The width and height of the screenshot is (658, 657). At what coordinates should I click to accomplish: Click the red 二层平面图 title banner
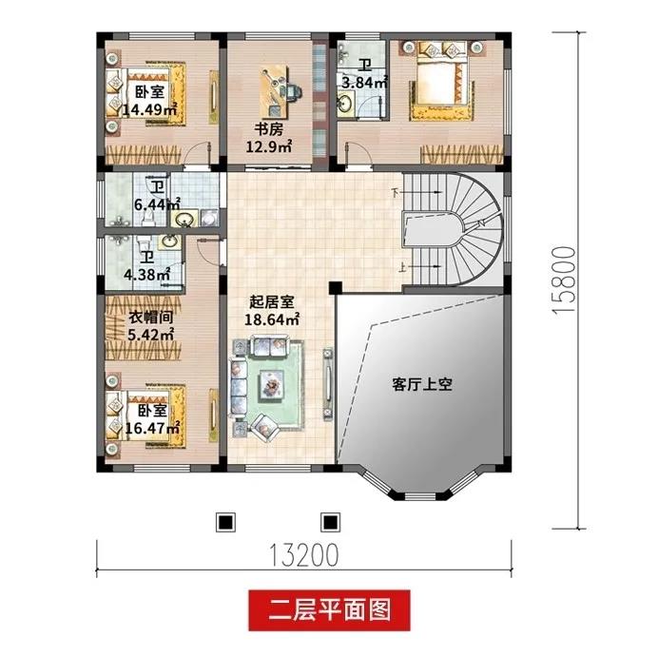click(329, 610)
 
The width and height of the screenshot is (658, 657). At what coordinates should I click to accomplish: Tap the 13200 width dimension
click(303, 555)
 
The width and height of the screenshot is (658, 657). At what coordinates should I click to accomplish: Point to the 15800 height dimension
click(564, 280)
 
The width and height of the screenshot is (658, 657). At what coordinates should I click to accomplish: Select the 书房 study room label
click(268, 129)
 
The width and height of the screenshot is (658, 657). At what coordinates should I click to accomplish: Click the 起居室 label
click(272, 301)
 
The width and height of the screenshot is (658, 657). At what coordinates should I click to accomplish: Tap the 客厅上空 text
click(422, 384)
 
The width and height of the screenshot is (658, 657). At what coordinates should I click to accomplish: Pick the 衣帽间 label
click(150, 318)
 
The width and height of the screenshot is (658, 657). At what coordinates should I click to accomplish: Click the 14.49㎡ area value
click(150, 110)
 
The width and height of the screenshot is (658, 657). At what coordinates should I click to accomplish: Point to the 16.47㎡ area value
click(153, 429)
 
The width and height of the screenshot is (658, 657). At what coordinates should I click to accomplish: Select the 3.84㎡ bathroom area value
click(363, 82)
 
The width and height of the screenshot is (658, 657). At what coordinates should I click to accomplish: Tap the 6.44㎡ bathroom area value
click(157, 204)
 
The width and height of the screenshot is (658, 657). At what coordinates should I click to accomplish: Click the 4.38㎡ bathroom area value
click(146, 275)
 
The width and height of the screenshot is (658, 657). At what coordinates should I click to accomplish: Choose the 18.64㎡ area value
click(272, 319)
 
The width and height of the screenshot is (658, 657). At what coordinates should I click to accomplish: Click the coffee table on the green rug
click(272, 384)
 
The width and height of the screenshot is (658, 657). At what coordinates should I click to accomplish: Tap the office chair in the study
click(294, 90)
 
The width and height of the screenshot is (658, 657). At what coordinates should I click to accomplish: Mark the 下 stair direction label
click(396, 193)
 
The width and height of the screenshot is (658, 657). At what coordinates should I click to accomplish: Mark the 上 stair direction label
click(402, 267)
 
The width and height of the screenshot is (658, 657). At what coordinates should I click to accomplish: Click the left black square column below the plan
click(225, 522)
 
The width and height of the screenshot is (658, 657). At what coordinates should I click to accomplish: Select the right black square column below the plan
click(331, 522)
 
